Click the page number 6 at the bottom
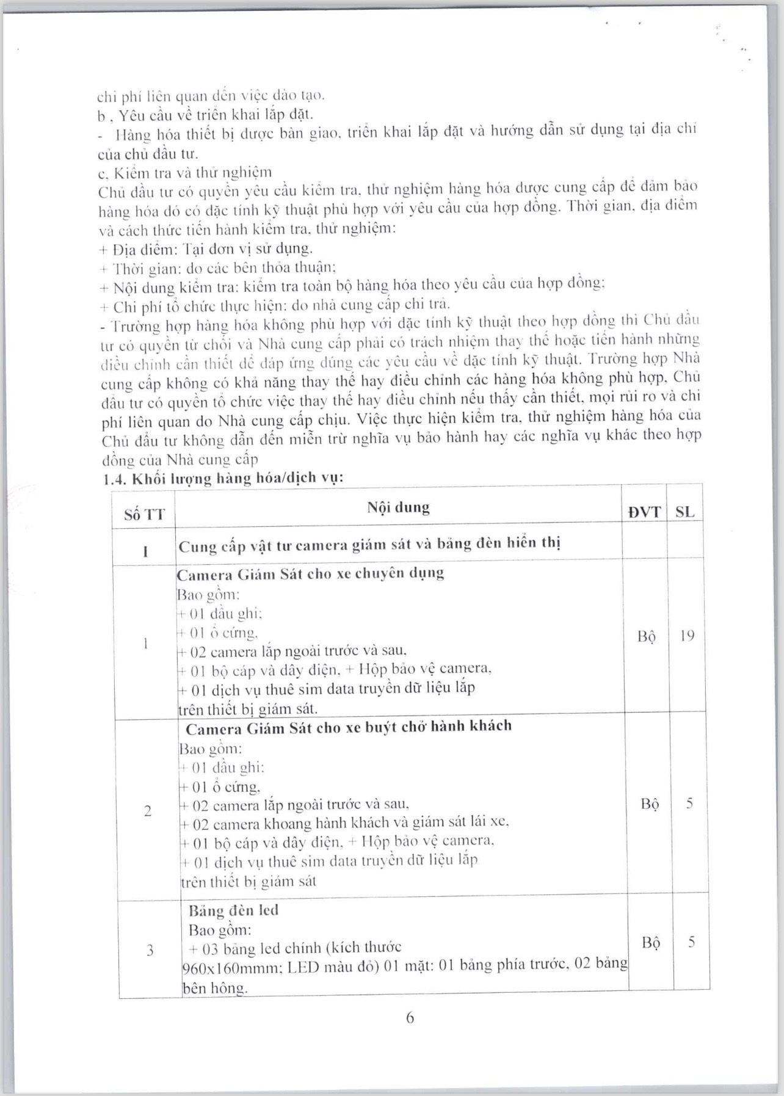[x=410, y=1018]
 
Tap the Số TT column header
[x=144, y=514]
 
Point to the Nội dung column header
[x=398, y=507]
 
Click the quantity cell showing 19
[x=687, y=636]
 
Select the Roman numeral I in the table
[x=145, y=551]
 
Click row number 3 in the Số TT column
[x=150, y=950]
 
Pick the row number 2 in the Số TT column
[x=147, y=811]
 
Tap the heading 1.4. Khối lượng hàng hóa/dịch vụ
[x=223, y=478]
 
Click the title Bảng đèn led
[x=233, y=910]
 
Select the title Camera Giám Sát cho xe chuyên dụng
[x=310, y=574]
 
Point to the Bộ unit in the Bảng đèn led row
[x=651, y=943]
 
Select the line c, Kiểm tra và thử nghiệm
[x=184, y=172]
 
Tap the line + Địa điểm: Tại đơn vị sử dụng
[x=205, y=249]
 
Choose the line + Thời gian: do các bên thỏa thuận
[x=217, y=267]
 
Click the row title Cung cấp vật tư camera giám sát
[x=369, y=544]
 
